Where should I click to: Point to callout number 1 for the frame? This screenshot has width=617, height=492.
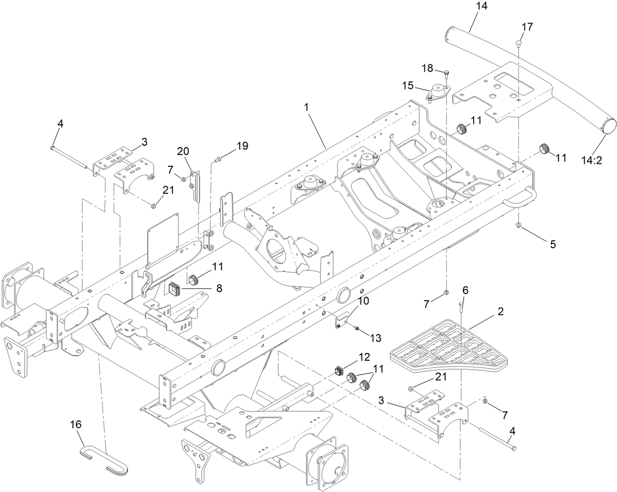(x=306, y=106)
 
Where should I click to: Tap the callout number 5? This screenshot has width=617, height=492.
(x=553, y=244)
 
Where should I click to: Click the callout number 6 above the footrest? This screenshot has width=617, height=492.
(x=465, y=290)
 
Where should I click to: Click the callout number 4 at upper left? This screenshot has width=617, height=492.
(x=60, y=124)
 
